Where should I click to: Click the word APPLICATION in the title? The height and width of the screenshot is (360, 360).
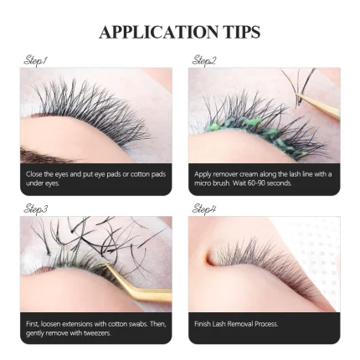158,32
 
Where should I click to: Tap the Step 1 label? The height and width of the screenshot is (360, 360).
35,60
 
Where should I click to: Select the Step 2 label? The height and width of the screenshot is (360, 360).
204,60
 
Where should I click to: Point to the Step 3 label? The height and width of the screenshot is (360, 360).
36,209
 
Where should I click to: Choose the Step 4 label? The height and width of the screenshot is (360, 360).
204,209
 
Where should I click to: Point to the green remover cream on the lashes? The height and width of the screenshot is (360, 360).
251,134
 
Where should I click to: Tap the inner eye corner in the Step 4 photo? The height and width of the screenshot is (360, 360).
210,258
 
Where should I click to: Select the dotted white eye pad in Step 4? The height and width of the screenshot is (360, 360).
312,245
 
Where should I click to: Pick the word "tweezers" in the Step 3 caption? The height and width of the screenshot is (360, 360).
97,333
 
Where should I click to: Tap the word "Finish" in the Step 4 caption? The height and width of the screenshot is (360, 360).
203,324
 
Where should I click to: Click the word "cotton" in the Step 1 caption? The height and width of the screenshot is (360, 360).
141,174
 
